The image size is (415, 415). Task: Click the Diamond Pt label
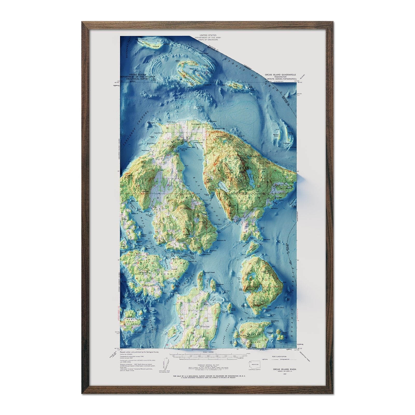coord(220,240)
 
